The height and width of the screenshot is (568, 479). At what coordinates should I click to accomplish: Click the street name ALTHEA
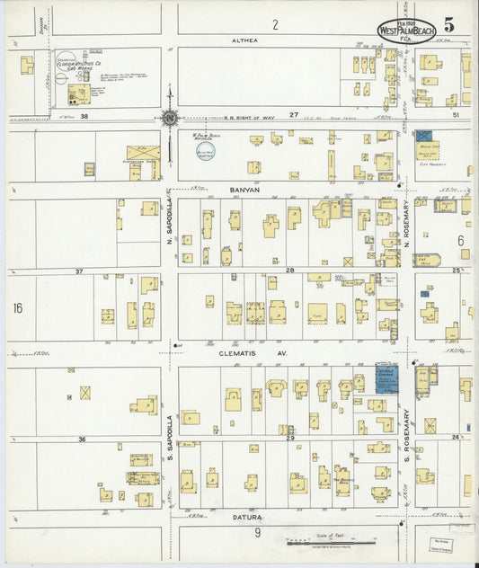[244, 40]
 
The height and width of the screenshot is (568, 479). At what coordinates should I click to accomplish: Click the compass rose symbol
[169, 116]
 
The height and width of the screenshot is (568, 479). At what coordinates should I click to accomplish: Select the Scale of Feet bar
[319, 542]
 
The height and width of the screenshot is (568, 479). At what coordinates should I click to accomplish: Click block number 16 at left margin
[18, 308]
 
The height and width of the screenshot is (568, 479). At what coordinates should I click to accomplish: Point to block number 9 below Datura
[257, 533]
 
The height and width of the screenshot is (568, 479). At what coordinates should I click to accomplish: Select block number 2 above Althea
[275, 24]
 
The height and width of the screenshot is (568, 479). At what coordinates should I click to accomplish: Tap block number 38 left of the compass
[85, 117]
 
